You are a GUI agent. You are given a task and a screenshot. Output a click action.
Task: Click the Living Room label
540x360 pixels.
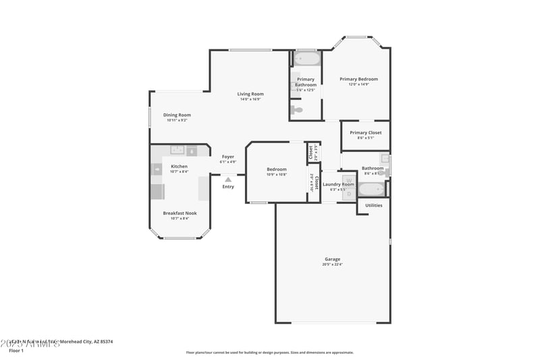[250, 94]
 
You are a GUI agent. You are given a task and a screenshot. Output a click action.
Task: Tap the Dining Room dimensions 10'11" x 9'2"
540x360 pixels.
[177, 120]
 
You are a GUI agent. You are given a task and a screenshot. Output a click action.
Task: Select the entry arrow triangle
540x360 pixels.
[228, 180]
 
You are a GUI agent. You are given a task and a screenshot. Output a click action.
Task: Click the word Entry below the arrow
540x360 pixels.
[228, 186]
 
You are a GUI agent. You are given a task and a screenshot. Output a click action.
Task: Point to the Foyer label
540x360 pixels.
[228, 157]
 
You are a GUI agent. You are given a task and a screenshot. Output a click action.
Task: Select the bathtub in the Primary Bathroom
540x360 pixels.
[306, 59]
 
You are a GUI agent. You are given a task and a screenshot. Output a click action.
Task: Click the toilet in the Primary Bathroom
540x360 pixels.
[296, 109]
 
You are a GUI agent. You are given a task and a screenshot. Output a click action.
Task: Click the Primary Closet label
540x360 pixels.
[365, 132]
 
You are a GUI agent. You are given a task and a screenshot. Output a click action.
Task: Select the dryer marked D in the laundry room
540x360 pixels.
[349, 193]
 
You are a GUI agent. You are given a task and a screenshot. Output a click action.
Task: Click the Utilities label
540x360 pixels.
[373, 205]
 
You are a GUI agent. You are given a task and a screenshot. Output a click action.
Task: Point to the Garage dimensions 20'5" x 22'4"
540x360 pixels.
[333, 265]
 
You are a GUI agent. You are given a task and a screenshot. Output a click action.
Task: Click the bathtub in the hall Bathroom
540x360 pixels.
[372, 189]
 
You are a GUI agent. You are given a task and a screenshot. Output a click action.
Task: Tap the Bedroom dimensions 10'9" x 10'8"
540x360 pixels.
[277, 175]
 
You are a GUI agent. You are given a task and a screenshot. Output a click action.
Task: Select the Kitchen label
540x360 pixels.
[179, 166]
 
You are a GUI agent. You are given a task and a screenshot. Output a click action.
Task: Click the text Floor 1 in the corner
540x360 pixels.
[16, 351]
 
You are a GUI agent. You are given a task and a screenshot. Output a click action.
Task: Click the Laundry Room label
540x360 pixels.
[337, 184]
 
